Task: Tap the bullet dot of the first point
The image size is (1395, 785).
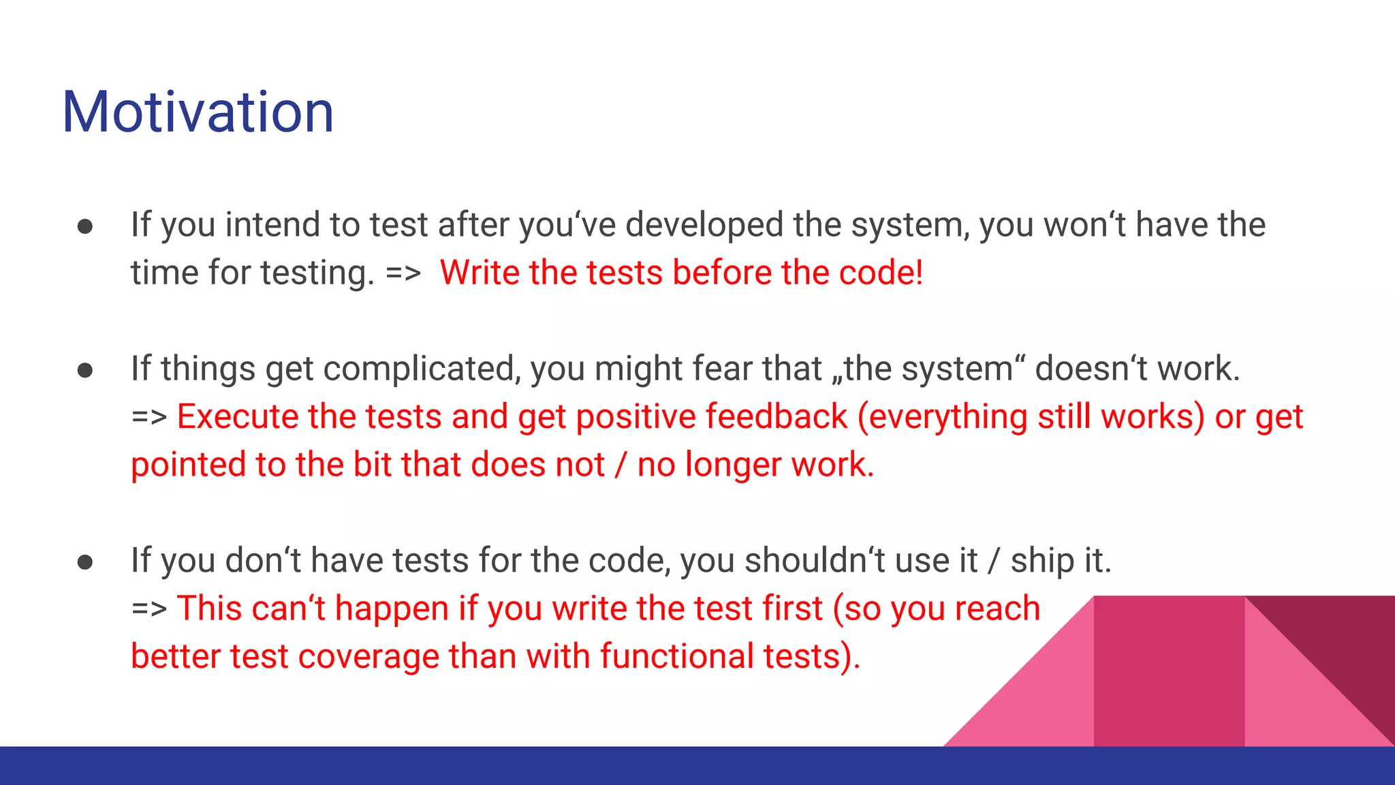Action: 85,226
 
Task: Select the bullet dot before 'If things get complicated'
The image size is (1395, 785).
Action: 85,370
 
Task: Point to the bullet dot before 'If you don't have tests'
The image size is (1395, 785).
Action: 85,562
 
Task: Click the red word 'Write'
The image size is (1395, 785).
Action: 480,273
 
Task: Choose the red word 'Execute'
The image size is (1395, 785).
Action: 237,416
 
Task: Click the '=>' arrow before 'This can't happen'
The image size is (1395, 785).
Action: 148,609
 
